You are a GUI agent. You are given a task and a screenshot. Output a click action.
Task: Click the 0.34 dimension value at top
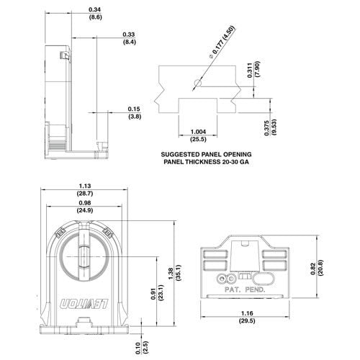point(94,8)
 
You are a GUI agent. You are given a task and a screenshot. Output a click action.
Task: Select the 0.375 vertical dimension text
point(267,124)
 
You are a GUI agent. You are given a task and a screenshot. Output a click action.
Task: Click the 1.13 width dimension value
point(85,186)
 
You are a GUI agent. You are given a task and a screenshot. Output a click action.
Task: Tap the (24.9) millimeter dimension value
point(85,211)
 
